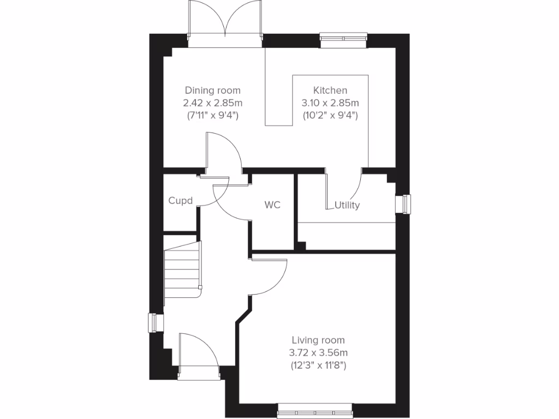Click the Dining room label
212,91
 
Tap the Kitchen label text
330,91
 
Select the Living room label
318,340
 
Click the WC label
272,205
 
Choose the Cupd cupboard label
180,201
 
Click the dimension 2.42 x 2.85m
212,103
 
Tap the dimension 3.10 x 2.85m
330,103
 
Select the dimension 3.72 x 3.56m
318,352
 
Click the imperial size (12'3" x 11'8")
318,364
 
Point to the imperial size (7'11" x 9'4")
212,115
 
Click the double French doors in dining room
225,22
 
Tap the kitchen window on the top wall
343,39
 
